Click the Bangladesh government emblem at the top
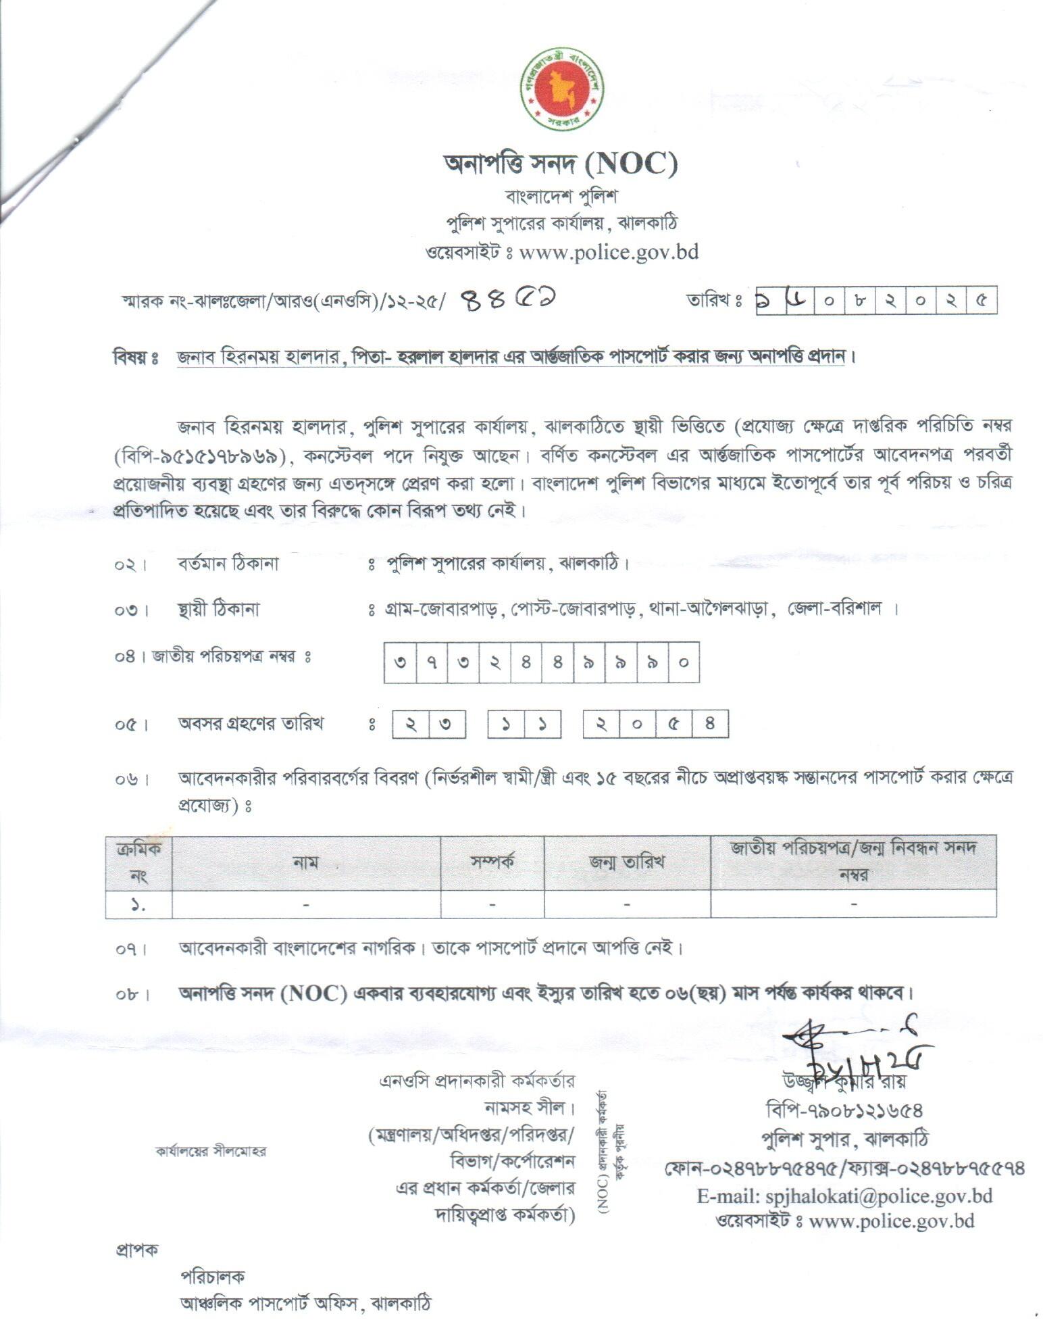pos(561,89)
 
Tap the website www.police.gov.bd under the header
pos(609,252)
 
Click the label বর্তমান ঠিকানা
pos(228,564)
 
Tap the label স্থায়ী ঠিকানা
pos(218,610)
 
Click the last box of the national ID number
pos(684,662)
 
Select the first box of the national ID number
pos(400,662)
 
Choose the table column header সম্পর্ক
pos(492,862)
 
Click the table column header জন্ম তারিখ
pos(627,862)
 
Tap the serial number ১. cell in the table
pos(138,904)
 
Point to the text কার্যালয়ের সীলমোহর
pos(211,1151)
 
